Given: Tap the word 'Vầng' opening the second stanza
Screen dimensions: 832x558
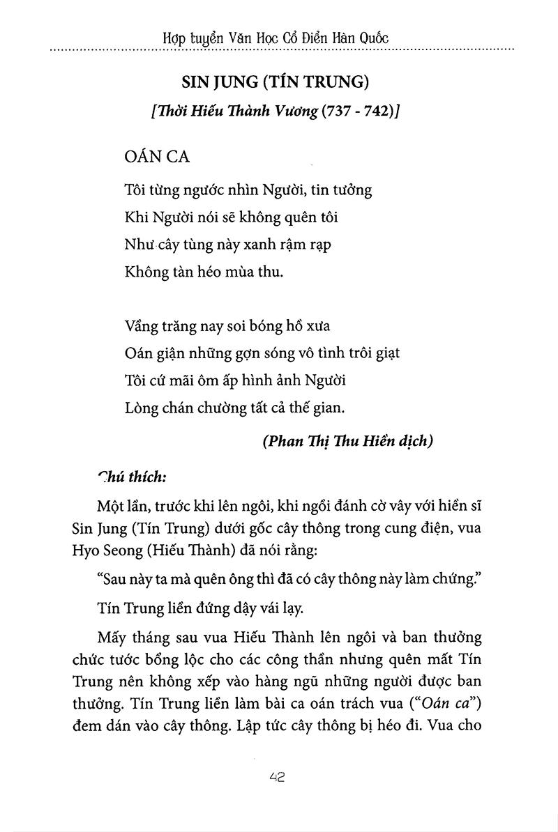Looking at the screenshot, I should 140,325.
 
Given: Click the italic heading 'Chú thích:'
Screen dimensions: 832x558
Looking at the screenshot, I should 133,478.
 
